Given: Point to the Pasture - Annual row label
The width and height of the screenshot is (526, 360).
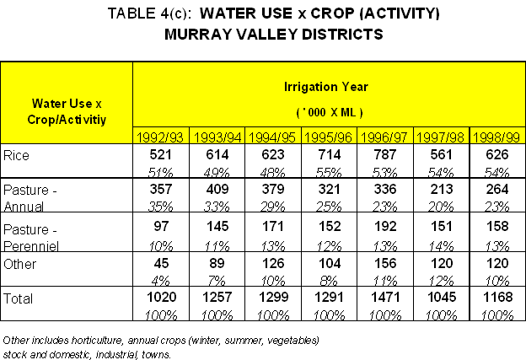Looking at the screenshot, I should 31,196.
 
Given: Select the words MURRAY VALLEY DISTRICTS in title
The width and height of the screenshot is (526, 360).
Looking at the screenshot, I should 262,35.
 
